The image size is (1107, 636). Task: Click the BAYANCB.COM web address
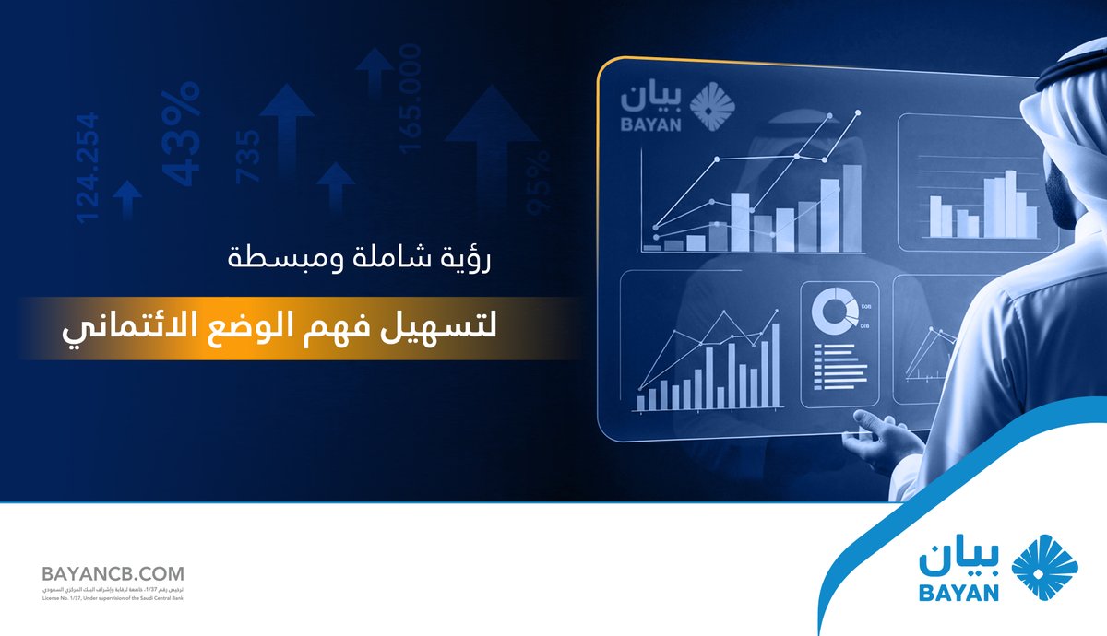(113, 573)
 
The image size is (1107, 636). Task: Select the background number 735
(249, 154)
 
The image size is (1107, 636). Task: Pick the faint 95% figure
(538, 183)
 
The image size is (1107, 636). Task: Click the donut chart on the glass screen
(835, 312)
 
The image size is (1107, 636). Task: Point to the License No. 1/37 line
(113, 598)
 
